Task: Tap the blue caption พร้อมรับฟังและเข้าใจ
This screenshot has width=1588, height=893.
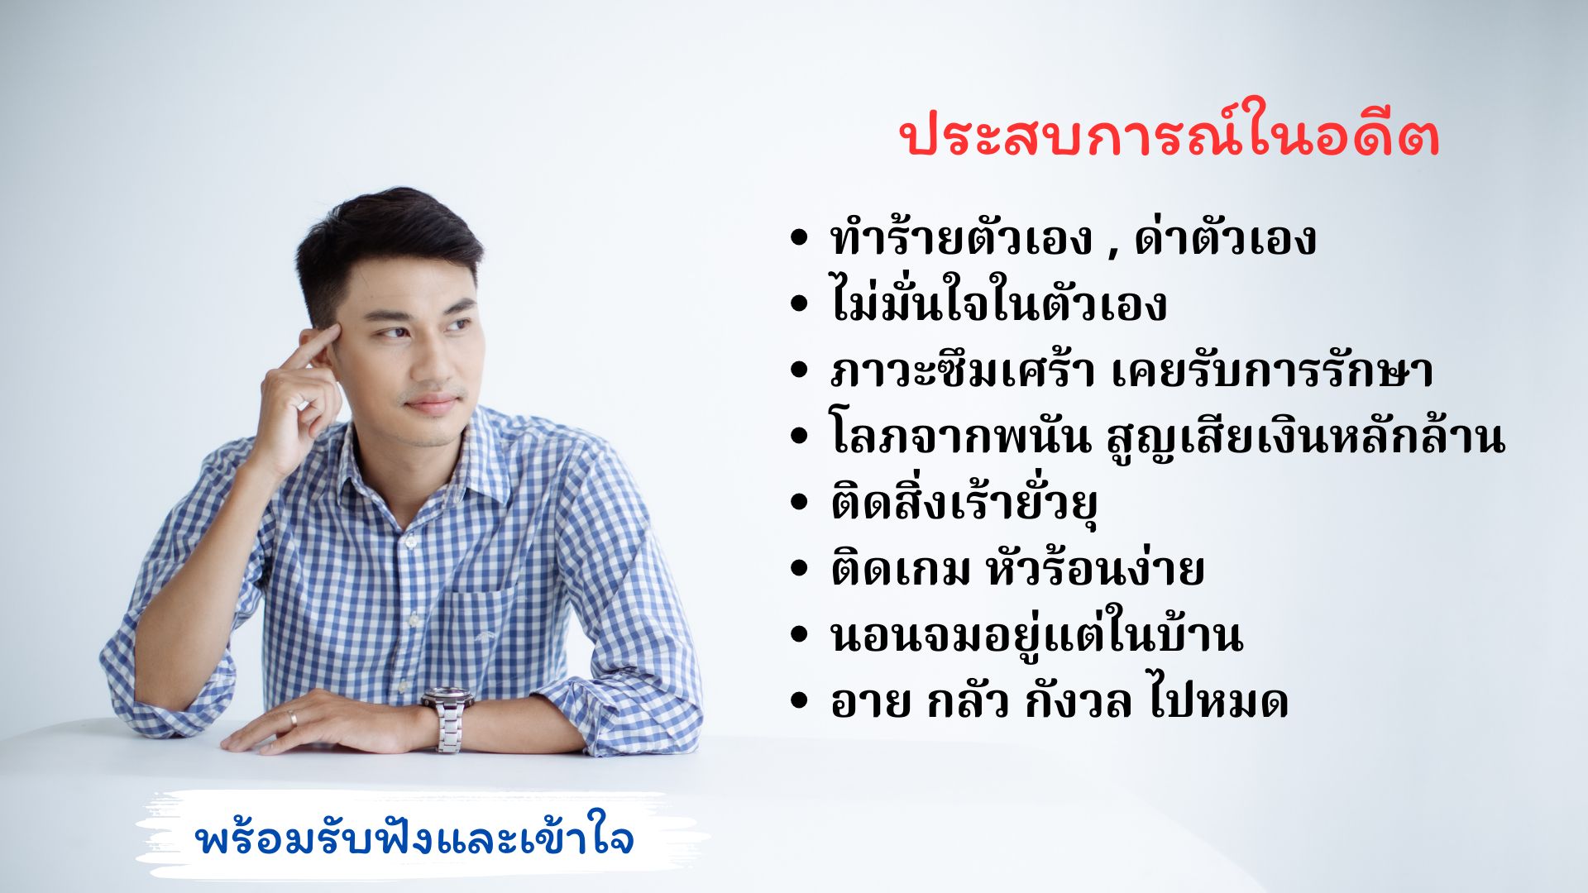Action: point(415,838)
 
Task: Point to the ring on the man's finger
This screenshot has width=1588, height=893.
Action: point(292,717)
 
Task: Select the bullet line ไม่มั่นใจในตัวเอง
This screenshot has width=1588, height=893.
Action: point(998,303)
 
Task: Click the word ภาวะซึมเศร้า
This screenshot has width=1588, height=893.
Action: point(963,370)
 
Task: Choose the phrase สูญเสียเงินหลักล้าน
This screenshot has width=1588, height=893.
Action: point(1305,436)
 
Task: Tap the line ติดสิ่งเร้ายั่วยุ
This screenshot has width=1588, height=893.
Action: point(963,502)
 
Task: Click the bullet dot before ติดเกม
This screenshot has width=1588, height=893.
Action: point(798,569)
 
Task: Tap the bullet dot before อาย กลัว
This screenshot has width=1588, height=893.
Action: point(798,701)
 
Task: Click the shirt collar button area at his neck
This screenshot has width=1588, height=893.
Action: point(409,542)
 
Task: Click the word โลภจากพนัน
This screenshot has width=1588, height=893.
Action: point(960,436)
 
